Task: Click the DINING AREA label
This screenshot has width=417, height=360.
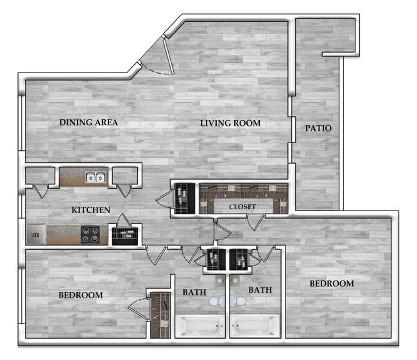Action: click(89, 122)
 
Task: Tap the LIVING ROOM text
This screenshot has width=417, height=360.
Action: click(233, 123)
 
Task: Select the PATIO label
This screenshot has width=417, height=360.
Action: click(318, 128)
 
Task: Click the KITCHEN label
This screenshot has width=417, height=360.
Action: click(90, 210)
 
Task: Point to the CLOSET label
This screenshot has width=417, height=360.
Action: click(243, 207)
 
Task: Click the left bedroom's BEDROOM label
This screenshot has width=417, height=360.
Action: click(81, 295)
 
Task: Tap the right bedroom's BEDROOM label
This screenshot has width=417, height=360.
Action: click(332, 284)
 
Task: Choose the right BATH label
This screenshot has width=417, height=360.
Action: click(260, 290)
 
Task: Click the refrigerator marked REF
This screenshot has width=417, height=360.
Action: click(37, 235)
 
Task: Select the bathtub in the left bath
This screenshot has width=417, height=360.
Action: click(200, 326)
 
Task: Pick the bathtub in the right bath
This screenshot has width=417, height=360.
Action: click(254, 326)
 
